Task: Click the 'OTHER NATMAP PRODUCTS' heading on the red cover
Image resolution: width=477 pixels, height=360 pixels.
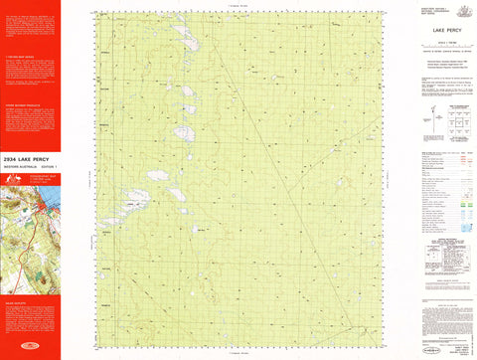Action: click(24, 102)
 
